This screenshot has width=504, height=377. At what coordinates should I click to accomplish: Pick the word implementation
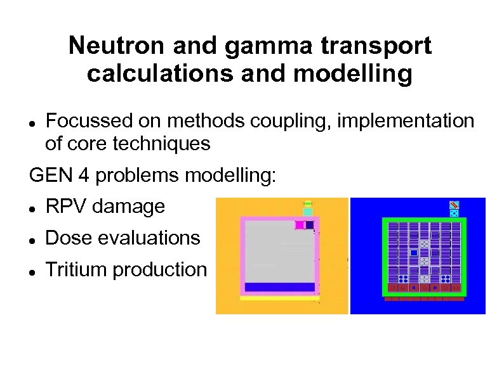point(406,120)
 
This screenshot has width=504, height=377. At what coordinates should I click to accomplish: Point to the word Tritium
point(77,270)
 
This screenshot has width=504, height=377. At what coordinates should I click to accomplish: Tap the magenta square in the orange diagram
point(298,225)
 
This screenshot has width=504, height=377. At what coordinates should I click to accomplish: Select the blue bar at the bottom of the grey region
point(280,287)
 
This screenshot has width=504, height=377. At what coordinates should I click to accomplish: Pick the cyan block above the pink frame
point(307,212)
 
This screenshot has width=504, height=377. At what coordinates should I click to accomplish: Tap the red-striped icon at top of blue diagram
point(454,205)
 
